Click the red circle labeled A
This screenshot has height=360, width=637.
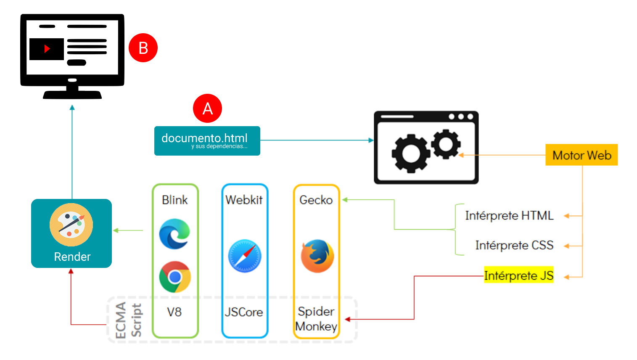pos(207,109)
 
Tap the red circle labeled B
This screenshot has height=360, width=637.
pos(143,48)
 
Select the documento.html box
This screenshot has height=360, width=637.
pos(207,140)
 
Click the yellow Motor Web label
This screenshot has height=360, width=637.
pos(581,155)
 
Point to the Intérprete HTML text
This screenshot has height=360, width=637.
pos(509,216)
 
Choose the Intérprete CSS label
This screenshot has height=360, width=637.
pos(514,246)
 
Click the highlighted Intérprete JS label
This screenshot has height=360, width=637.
pos(518,275)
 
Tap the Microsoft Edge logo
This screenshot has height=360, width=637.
pos(174,234)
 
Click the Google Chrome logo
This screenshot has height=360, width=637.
pos(175,277)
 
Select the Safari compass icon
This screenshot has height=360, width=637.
pos(245,256)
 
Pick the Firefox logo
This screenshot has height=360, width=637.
pos(317,256)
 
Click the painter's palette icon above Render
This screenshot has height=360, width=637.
pos(71,225)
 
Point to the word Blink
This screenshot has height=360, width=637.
pos(174,200)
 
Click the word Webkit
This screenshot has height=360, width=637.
pos(244,200)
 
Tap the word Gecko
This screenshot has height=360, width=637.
pos(316,200)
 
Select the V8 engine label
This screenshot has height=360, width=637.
pos(174,312)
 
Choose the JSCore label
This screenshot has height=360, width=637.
pos(244,312)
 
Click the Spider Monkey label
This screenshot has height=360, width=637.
pos(316,319)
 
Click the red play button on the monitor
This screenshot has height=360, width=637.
pos(47,49)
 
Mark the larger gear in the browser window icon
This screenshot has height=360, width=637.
pos(411,154)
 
